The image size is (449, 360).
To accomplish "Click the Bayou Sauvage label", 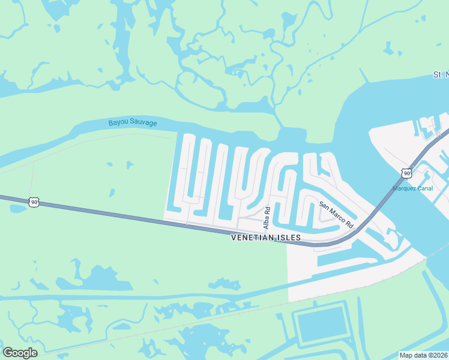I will point(133,123).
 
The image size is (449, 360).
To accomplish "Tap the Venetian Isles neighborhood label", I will point(266,238).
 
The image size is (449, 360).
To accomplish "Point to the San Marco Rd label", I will point(337,215).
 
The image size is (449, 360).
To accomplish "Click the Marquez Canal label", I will point(412,188).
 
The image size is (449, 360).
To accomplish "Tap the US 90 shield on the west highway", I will point(34,203).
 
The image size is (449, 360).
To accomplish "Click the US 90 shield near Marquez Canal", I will point(407,173).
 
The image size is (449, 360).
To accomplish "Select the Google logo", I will point(20,353).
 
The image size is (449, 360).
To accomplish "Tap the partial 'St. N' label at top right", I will point(441,74).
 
